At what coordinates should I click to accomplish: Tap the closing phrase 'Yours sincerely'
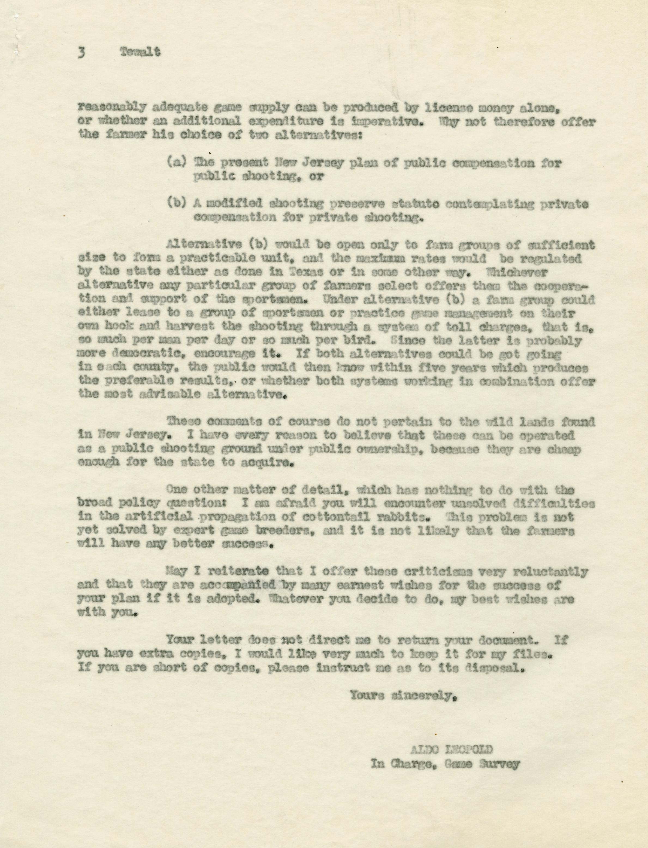pyautogui.click(x=400, y=696)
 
